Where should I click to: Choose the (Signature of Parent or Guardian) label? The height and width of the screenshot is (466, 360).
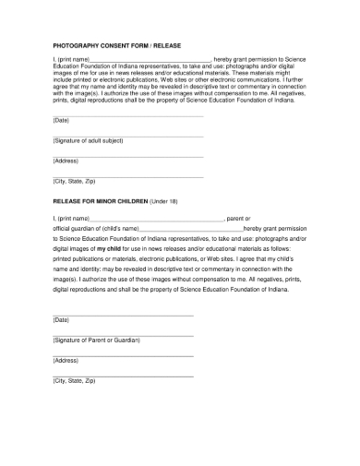97,341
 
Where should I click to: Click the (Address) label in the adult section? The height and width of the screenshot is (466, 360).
66,161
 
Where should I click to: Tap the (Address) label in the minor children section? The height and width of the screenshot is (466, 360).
66,361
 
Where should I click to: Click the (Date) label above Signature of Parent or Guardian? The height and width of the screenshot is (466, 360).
61,320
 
